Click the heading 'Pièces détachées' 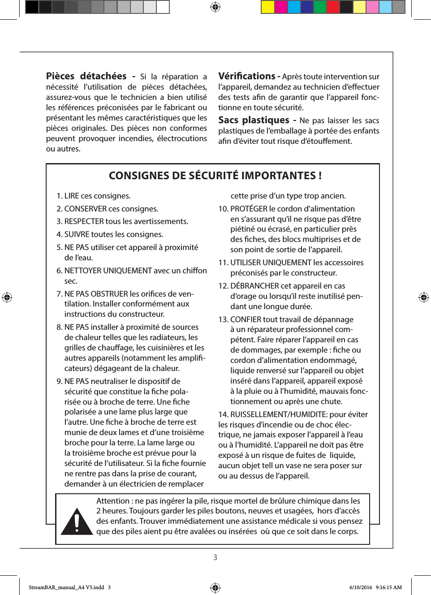(x=86, y=76)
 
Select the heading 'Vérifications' (x=246, y=76)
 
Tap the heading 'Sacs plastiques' (x=254, y=120)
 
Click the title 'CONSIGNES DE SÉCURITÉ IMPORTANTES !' (x=215, y=176)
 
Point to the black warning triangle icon (x=77, y=522)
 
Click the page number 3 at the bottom (x=215, y=557)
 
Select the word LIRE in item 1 (x=72, y=196)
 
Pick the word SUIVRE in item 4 (x=77, y=234)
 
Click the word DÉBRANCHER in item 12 (x=254, y=286)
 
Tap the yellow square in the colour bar (x=268, y=7)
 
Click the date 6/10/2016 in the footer (x=361, y=587)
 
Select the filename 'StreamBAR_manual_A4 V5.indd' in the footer (x=66, y=587)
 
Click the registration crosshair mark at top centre (x=215, y=7)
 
